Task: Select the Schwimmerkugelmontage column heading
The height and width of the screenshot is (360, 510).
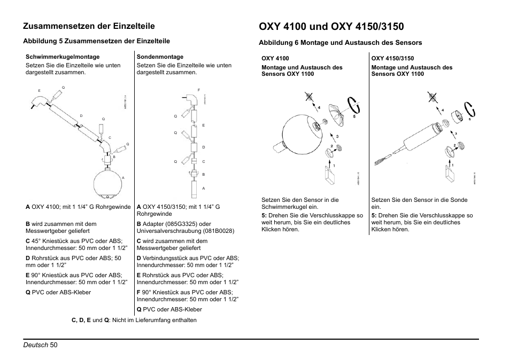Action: pos(63,57)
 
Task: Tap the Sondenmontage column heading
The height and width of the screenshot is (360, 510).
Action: pos(160,57)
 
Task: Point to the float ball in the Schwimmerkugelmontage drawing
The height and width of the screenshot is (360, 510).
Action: pos(109,181)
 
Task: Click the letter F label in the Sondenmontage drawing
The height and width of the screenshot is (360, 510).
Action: pos(198,89)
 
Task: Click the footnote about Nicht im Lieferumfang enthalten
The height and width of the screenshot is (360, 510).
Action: pos(134,320)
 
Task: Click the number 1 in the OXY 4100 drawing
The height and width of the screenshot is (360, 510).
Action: pos(335,166)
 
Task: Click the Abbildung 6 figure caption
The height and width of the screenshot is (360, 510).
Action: pos(341,43)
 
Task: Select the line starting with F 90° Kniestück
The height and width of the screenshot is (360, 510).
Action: pos(185,292)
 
